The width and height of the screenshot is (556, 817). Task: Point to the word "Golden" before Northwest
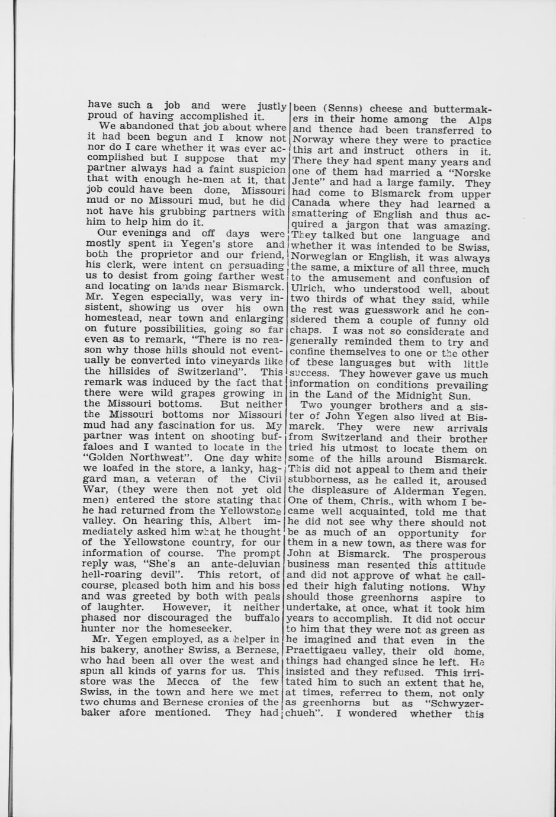coord(104,457)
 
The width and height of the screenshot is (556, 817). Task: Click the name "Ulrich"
coord(306,290)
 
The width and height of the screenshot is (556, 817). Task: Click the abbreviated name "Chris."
coord(357,501)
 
